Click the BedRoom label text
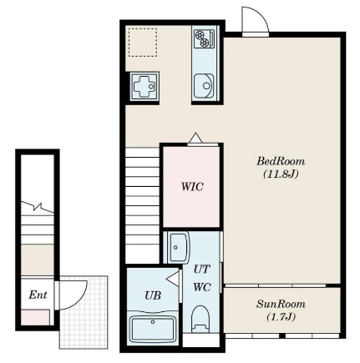pyautogui.click(x=281, y=161)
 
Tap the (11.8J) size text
pyautogui.click(x=281, y=174)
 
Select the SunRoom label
pyautogui.click(x=281, y=304)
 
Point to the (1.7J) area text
pyautogui.click(x=281, y=317)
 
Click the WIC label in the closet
pyautogui.click(x=192, y=187)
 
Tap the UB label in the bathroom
pyautogui.click(x=153, y=295)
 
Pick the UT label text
pyautogui.click(x=202, y=270)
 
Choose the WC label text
pyautogui.click(x=202, y=287)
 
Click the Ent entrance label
pyautogui.click(x=38, y=295)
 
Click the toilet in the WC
pyautogui.click(x=201, y=319)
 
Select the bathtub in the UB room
pyautogui.click(x=153, y=330)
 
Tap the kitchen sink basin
pyautogui.click(x=204, y=86)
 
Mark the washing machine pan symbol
pyautogui.click(x=145, y=86)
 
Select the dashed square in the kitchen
pyautogui.click(x=143, y=43)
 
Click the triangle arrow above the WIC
pyautogui.click(x=195, y=139)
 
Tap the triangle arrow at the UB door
pyautogui.click(x=173, y=279)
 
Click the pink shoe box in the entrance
pyautogui.click(x=35, y=317)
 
